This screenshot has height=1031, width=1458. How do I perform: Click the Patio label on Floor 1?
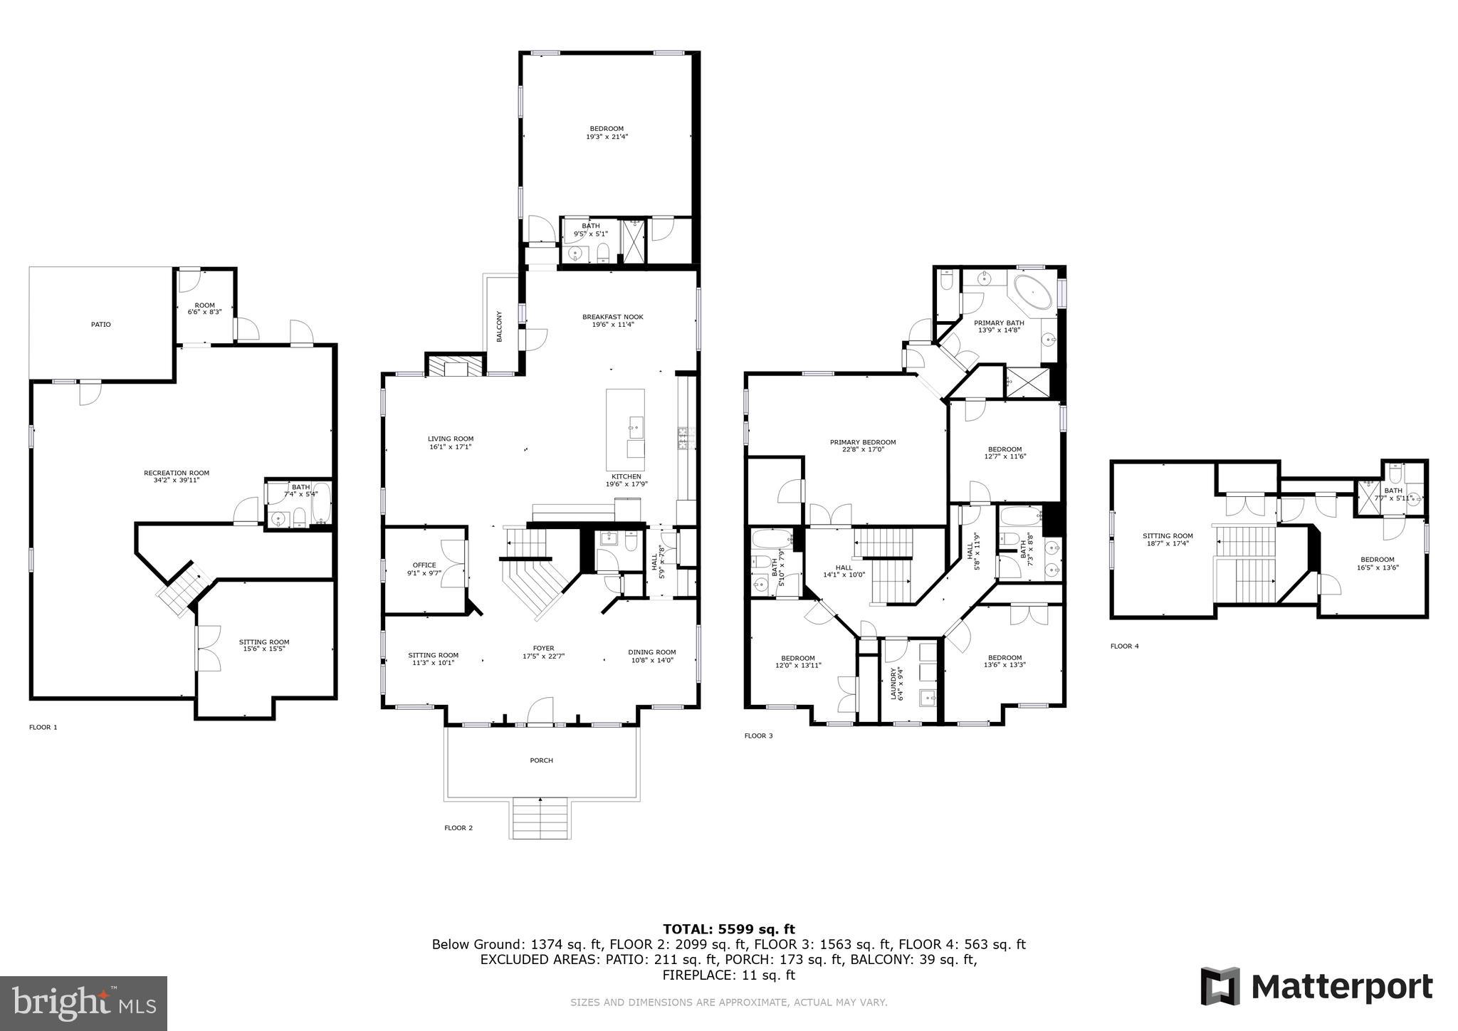tap(101, 325)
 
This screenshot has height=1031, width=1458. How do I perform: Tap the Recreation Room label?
tap(177, 473)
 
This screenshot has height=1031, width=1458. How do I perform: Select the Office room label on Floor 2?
tap(424, 565)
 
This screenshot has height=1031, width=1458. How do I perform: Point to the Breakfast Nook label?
tap(612, 317)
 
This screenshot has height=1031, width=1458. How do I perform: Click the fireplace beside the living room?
tap(455, 366)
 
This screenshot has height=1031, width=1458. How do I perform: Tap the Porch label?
tap(541, 760)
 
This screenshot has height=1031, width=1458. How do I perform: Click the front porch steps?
tap(541, 818)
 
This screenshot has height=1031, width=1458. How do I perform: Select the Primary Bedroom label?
tap(863, 442)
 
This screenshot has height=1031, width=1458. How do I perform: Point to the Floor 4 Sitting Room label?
tap(1168, 536)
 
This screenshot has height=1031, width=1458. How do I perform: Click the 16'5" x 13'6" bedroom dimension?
tap(1377, 567)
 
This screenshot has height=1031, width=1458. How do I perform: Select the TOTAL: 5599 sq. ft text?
tap(729, 928)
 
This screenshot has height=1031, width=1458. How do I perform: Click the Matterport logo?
tap(1316, 987)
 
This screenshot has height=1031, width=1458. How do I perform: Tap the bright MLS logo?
tap(84, 1003)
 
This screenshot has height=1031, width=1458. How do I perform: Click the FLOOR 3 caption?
tap(758, 736)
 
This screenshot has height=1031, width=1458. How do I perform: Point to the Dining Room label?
tap(651, 652)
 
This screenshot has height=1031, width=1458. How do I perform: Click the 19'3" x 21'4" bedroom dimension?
tap(607, 137)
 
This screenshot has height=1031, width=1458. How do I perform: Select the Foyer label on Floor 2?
tap(543, 649)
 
